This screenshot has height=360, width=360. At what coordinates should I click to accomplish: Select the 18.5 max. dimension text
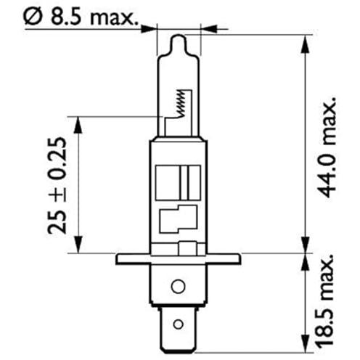(x=326, y=300)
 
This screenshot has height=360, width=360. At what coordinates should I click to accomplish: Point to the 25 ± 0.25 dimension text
(x=57, y=186)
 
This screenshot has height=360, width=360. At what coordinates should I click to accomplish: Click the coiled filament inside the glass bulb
(x=182, y=103)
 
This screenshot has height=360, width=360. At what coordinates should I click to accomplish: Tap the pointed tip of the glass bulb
(x=179, y=36)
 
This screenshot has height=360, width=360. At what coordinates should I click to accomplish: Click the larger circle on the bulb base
(x=178, y=286)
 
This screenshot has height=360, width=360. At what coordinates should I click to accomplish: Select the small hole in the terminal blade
(x=178, y=324)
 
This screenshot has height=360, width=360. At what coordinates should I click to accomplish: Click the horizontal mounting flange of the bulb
(x=179, y=259)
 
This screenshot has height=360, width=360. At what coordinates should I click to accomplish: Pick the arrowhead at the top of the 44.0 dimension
(x=306, y=44)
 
